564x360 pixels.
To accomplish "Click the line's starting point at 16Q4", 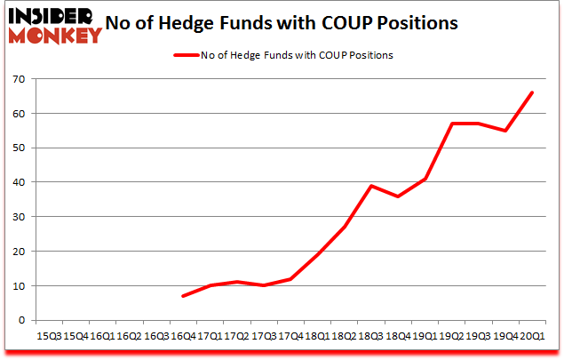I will [182, 296].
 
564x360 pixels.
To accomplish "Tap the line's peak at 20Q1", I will [531, 92].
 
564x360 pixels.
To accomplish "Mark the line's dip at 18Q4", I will [397, 196].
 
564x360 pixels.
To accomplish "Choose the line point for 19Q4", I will [504, 131].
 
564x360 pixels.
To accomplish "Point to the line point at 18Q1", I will [316, 254].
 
